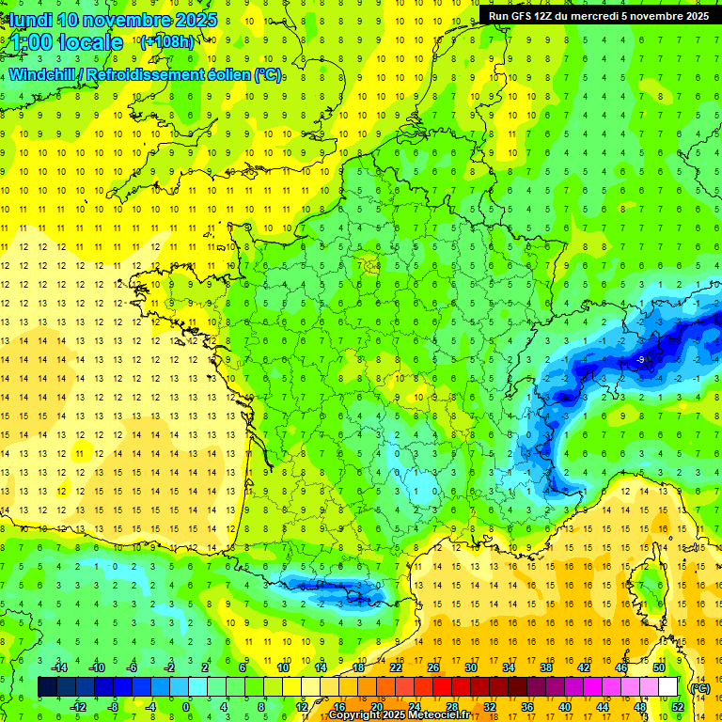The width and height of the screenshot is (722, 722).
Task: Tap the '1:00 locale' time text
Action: (x=67, y=42)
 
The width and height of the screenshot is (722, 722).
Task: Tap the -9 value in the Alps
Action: (x=640, y=359)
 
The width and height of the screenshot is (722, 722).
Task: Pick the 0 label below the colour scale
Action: (x=186, y=707)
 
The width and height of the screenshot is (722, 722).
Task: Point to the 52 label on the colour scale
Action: (x=678, y=707)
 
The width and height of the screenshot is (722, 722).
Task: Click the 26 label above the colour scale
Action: (x=433, y=668)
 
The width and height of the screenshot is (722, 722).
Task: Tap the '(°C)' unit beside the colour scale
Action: (x=699, y=688)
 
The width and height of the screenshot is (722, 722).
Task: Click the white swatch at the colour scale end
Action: (x=668, y=687)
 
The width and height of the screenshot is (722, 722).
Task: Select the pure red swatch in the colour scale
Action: (x=443, y=687)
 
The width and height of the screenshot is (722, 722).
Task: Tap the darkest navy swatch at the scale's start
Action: (x=48, y=687)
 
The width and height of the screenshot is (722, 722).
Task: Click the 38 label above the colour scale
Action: (x=546, y=668)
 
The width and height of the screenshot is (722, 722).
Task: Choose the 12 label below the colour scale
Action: (x=302, y=707)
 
